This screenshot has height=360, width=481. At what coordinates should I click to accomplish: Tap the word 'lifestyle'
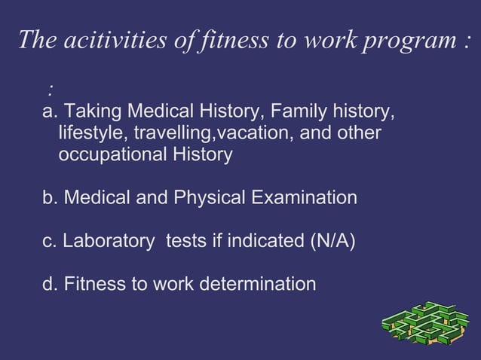point(92,134)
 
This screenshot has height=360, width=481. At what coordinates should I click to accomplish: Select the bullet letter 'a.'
point(51,113)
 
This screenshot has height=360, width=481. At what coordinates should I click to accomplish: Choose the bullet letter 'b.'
point(51,198)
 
